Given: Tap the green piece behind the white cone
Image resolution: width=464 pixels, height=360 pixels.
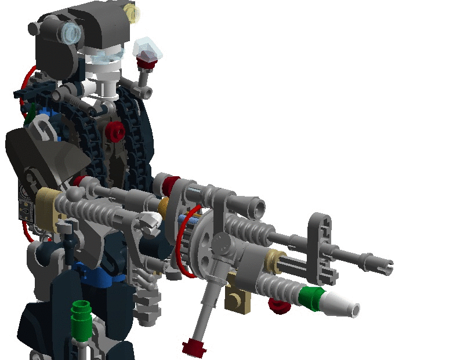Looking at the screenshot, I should [312, 297].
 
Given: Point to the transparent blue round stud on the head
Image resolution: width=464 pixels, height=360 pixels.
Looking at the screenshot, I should [72, 34].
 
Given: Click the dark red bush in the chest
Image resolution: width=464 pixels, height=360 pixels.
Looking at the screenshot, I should [115, 133].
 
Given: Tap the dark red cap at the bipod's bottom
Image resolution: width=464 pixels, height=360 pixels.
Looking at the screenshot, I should [193, 349].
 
